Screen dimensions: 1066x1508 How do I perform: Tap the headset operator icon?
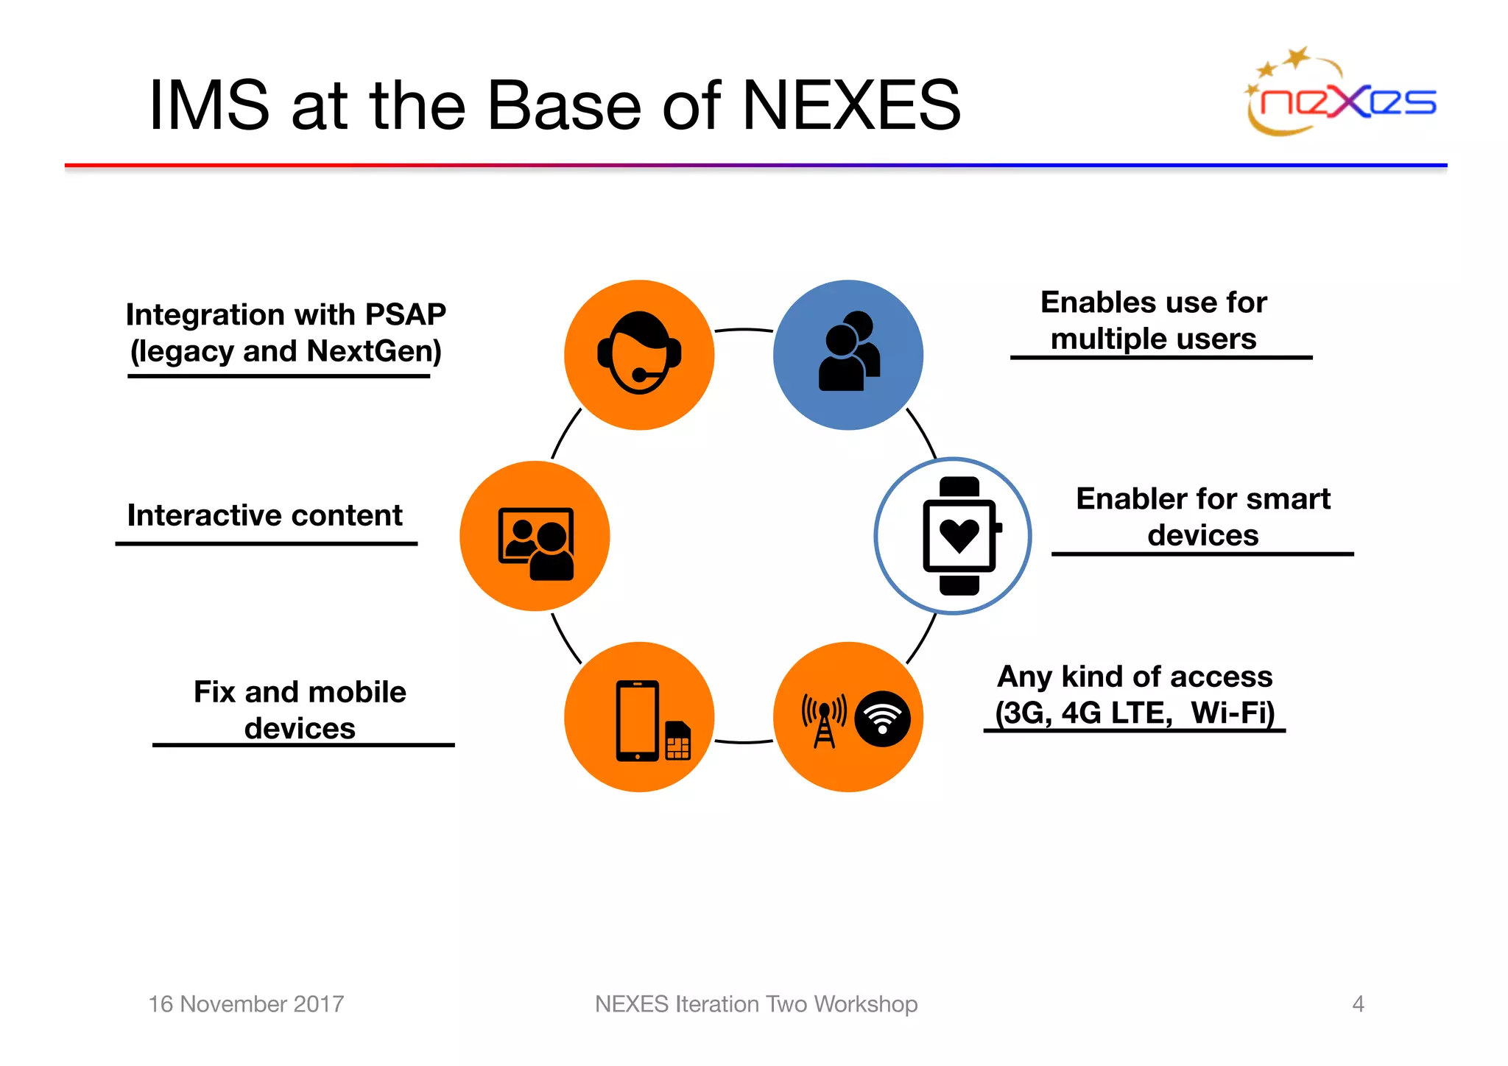click(639, 354)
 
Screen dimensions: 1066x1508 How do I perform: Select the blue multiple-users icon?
click(848, 354)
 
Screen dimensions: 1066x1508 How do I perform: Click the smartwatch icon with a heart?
click(959, 536)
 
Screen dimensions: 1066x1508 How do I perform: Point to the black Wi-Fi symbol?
click(882, 719)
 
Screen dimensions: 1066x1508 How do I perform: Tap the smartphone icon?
click(638, 721)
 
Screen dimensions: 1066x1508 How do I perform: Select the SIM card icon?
click(677, 739)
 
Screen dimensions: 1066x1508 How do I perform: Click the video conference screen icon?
click(535, 543)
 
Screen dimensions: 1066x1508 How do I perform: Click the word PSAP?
click(406, 314)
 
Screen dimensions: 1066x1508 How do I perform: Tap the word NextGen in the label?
click(374, 351)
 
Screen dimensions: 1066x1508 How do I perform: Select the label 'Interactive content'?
click(264, 515)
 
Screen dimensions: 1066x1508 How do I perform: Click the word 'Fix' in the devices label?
click(214, 692)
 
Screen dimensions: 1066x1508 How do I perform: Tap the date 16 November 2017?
click(246, 1003)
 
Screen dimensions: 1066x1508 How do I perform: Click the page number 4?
click(1358, 1003)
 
